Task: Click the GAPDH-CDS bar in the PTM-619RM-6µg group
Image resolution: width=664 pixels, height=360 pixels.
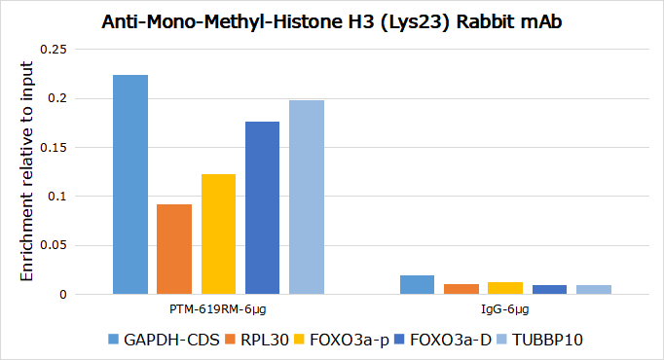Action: tap(130, 185)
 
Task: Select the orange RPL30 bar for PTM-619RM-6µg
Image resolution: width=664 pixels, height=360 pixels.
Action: tap(174, 249)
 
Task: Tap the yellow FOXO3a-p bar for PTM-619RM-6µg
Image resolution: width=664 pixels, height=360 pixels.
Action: tap(218, 234)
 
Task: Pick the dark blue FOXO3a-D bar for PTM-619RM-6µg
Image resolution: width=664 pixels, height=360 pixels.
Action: tap(262, 207)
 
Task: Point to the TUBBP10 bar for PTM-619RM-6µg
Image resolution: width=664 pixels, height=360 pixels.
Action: tap(307, 198)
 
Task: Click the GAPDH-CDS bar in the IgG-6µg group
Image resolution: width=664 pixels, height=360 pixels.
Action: tap(417, 285)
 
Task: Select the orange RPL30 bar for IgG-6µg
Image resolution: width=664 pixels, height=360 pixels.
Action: tap(461, 289)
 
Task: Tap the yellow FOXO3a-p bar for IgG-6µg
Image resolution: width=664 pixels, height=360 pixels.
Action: tap(505, 288)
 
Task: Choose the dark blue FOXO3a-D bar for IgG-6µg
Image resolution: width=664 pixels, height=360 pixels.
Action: tap(550, 289)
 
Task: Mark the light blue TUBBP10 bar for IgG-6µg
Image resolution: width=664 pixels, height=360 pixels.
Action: tap(594, 289)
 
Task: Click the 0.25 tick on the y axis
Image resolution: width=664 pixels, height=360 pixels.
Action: tap(54, 50)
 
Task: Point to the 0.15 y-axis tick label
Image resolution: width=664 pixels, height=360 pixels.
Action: tap(54, 148)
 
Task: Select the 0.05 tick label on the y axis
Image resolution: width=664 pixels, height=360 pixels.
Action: tap(54, 245)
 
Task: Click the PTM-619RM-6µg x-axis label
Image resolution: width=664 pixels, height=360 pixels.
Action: tap(218, 309)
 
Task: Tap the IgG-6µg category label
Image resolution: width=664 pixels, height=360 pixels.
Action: tap(505, 309)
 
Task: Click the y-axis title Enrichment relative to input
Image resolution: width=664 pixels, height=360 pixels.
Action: tap(26, 171)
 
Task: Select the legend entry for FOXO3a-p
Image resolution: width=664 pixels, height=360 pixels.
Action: tap(342, 340)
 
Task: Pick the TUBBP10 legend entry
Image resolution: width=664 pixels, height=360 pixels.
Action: tap(540, 340)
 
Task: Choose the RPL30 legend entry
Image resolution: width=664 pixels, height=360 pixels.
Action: tap(257, 340)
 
